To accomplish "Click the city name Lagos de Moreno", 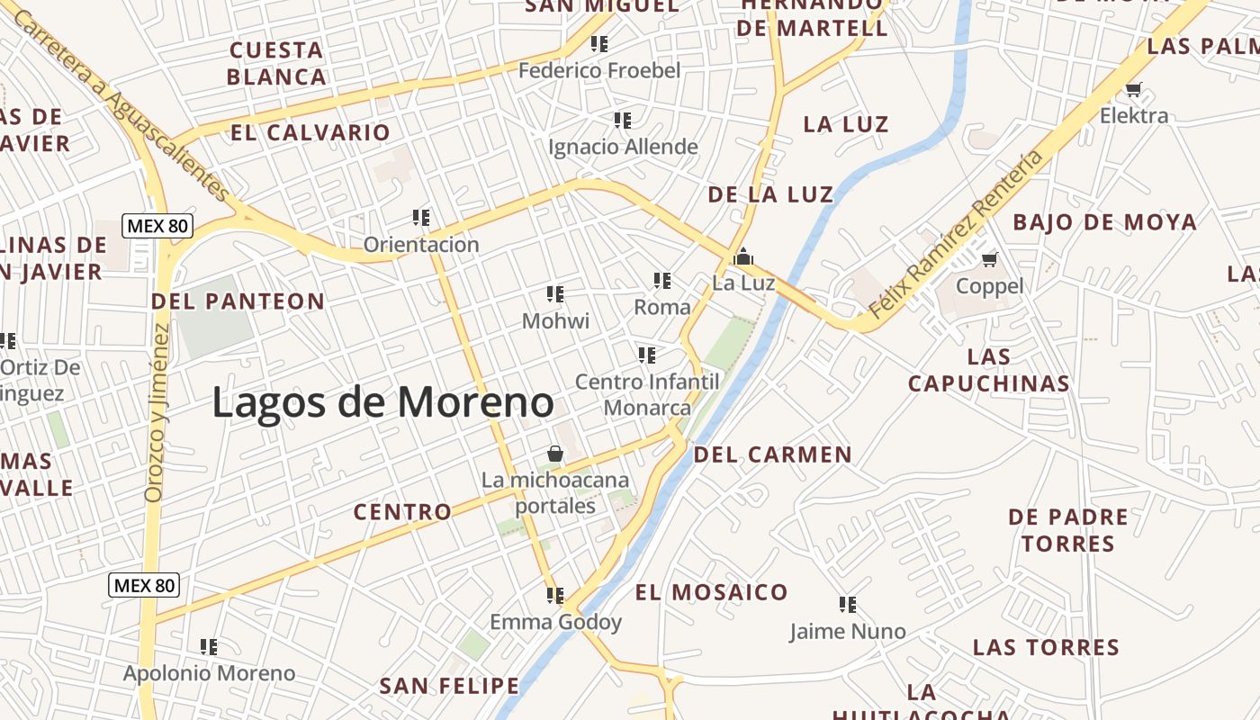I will click(382, 402).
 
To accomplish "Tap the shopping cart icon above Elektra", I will click(1133, 89).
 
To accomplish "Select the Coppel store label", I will click(989, 286).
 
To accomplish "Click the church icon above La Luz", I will click(743, 257).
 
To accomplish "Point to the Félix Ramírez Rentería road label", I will click(956, 234).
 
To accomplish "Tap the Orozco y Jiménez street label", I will click(157, 412).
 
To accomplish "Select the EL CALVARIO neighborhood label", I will click(310, 133).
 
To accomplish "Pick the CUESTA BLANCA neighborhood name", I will click(276, 63).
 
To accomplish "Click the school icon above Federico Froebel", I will click(599, 43).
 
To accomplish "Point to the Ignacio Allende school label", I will click(623, 147).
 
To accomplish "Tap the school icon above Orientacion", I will click(421, 217).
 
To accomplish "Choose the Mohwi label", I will click(555, 320).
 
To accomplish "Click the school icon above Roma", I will click(662, 281).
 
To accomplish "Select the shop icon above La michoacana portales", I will click(555, 454).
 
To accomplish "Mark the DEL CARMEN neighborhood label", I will click(772, 454).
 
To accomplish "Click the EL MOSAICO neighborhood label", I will click(711, 592).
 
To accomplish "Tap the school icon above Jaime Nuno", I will click(847, 604).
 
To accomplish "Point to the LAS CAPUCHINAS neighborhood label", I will click(988, 370).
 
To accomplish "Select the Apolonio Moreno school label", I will click(209, 673).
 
